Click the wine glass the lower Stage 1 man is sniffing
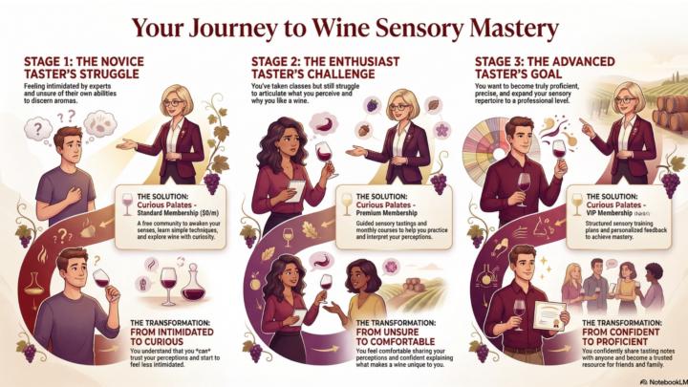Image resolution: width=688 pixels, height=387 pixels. coord(100,278)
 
